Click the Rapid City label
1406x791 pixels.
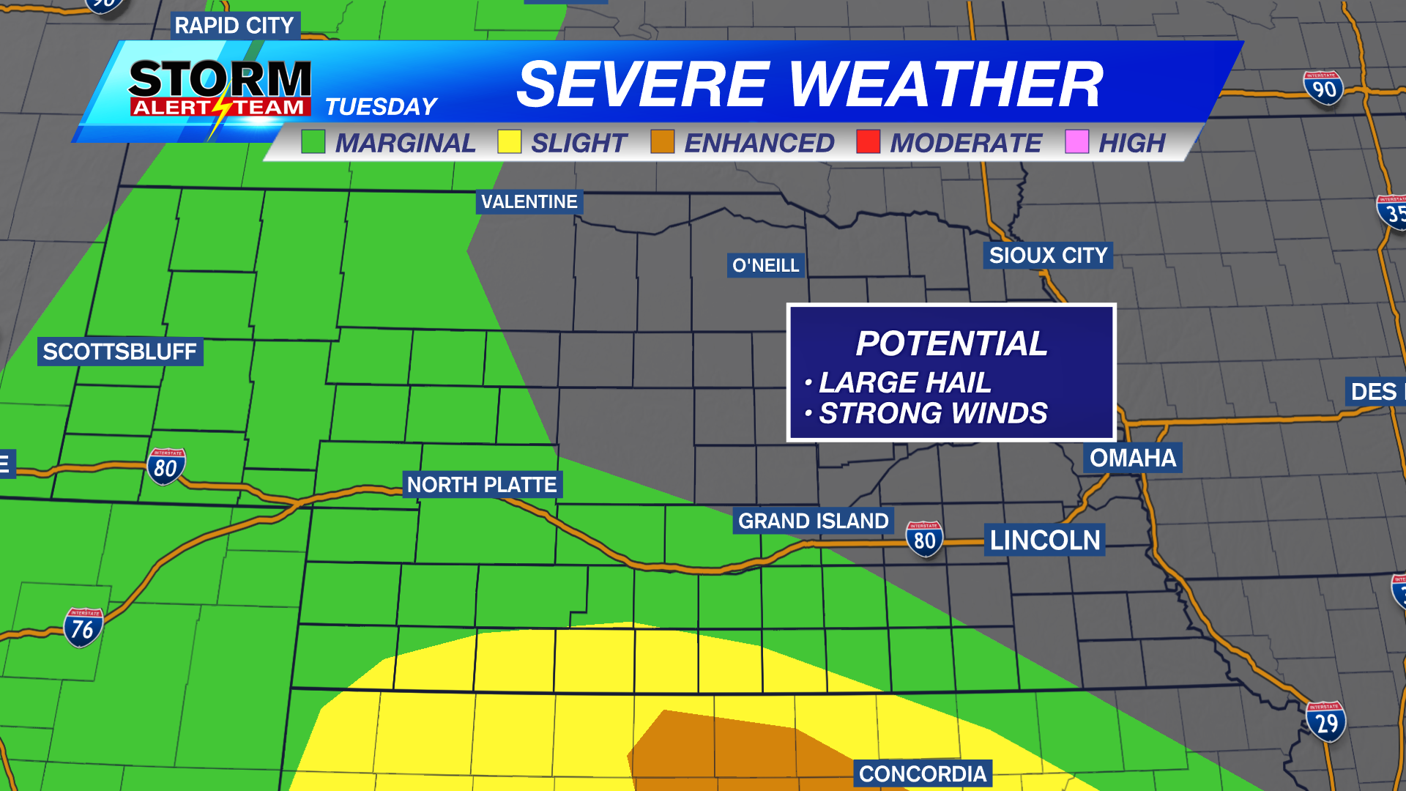point(234,26)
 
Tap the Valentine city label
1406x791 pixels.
point(529,201)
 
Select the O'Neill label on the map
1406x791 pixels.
point(765,265)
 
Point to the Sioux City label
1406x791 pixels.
point(1047,256)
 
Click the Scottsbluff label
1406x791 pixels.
point(119,352)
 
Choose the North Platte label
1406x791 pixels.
point(482,485)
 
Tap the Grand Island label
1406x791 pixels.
point(813,521)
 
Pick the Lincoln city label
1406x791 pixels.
point(1044,541)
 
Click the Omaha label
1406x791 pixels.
point(1132,458)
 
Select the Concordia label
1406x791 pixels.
point(922,773)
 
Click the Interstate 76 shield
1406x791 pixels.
point(83,628)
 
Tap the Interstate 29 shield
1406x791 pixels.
point(1325,722)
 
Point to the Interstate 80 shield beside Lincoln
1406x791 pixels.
point(924,540)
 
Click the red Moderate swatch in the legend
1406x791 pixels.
point(868,141)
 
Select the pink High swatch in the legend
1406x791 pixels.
point(1076,141)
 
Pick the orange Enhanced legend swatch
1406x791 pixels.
point(662,141)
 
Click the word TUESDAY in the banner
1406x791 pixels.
point(381,107)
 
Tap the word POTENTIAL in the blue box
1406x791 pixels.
point(951,343)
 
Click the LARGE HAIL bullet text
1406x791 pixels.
point(904,382)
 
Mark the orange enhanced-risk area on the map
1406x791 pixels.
point(725,754)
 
